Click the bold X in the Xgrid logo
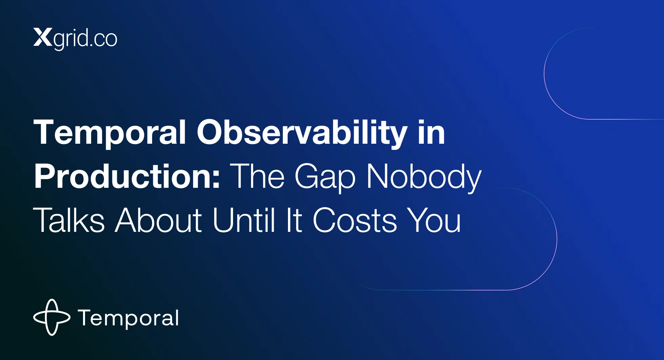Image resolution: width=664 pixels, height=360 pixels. [x=43, y=37]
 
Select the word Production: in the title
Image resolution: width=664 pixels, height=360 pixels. [x=127, y=176]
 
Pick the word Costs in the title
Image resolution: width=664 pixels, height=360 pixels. [x=354, y=220]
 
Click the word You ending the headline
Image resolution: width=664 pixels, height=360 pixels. [x=434, y=220]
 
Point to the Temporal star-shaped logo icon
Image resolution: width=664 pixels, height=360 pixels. [x=52, y=317]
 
